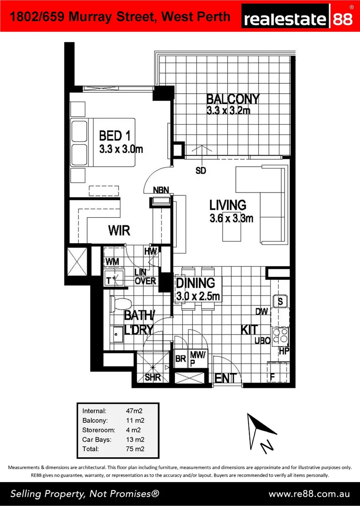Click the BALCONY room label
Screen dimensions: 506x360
point(232,99)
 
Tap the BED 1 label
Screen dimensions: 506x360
point(114,136)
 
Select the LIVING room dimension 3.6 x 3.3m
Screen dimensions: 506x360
point(231,218)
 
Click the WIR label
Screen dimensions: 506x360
point(119,231)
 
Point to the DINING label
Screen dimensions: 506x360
point(195,283)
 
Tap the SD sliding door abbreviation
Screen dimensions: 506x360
point(201,171)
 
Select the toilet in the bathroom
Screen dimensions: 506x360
point(117,305)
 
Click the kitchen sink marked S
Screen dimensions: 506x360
point(280,301)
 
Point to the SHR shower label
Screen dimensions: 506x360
point(153,378)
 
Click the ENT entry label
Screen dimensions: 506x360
point(225,378)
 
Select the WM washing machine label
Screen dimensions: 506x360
point(111,261)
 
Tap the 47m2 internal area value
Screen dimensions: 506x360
point(134,411)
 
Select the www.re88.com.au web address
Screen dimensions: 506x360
point(309,494)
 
